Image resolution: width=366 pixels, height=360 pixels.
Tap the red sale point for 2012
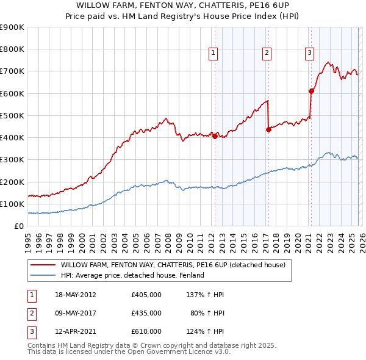click(215, 137)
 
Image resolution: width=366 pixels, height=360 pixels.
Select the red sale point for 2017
click(268, 129)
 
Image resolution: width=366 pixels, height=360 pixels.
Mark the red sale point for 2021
click(311, 91)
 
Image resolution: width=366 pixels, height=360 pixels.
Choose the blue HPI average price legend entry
click(132, 276)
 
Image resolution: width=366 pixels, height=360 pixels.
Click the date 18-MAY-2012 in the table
click(75, 295)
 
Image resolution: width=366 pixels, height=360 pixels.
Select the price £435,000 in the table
click(146, 313)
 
